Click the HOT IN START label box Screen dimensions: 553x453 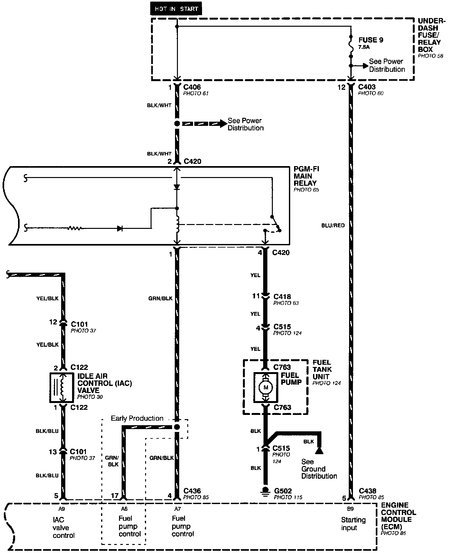(176, 9)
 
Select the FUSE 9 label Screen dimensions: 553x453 (371, 40)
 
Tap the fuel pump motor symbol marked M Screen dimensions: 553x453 (265, 387)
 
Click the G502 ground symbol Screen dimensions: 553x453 (265, 491)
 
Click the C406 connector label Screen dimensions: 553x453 (192, 87)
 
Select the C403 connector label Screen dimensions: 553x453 (367, 87)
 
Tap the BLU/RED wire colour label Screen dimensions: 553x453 (333, 225)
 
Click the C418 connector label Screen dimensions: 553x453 (282, 296)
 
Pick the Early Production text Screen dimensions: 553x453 (137, 418)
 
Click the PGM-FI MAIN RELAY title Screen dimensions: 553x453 (306, 176)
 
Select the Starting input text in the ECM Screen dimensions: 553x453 (353, 524)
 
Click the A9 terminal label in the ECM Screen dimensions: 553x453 (62, 509)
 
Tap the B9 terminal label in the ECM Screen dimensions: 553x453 (351, 509)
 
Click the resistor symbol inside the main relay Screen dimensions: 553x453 (75, 228)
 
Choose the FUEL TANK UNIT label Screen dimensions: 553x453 (322, 369)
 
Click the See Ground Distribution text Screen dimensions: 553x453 (319, 469)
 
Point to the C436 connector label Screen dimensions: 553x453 (192, 491)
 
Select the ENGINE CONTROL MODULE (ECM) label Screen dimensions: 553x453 (398, 516)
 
